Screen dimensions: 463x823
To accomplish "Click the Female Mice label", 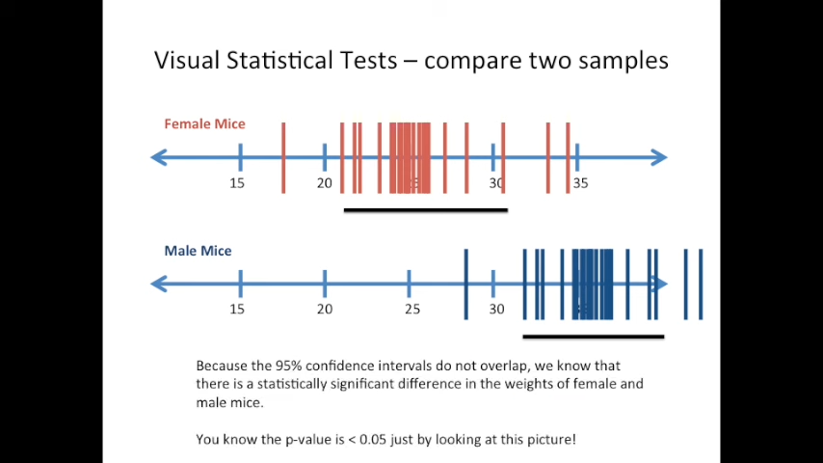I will coord(204,123).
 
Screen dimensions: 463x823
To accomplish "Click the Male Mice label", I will coord(198,251).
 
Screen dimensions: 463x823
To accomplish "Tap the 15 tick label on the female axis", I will coord(237,183).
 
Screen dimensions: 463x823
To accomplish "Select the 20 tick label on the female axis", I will coord(324,183).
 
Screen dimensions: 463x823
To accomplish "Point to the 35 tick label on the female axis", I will coord(580,183).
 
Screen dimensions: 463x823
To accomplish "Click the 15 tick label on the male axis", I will coord(237,309).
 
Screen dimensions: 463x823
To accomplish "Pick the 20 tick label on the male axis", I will coord(325,309).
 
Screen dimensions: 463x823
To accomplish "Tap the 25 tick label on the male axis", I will coord(412,309).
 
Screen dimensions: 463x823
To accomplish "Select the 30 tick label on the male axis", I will coord(496,309).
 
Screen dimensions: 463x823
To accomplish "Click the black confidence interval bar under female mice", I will coord(425,209).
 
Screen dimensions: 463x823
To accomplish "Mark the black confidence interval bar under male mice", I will coord(593,337).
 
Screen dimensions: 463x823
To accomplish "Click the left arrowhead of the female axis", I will coord(160,157).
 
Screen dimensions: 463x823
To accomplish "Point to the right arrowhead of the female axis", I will coord(658,157).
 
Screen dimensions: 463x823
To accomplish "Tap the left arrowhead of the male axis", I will coord(160,284).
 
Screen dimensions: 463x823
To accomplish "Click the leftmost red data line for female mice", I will coord(283,157).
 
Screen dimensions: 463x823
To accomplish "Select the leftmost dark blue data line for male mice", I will coord(466,284).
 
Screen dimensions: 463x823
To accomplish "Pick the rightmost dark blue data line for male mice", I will coord(701,284).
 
